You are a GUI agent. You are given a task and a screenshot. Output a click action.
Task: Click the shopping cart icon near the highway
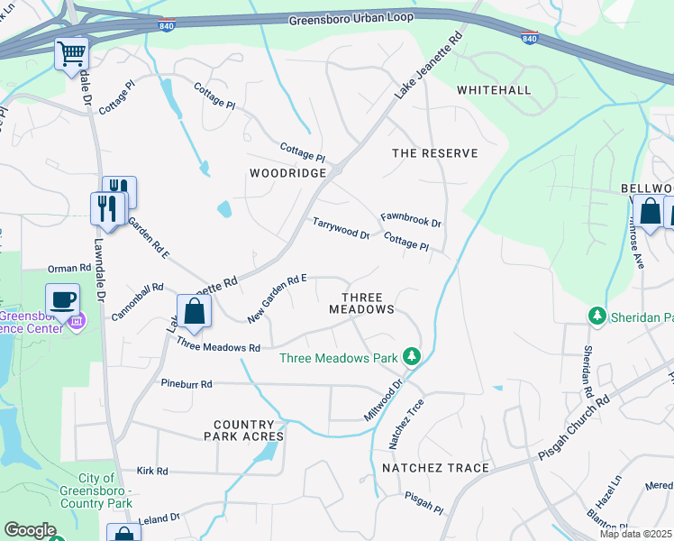[71, 53]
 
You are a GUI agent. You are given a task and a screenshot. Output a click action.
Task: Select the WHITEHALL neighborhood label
[494, 90]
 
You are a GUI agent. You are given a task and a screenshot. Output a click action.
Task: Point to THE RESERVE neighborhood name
[434, 153]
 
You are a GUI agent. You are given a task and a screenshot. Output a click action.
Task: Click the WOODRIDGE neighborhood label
[286, 171]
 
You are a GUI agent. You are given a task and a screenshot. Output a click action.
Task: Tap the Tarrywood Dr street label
[341, 228]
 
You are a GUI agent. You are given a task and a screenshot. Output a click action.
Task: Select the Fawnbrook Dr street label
[410, 219]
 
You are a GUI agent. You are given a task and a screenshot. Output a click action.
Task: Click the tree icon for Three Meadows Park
[411, 357]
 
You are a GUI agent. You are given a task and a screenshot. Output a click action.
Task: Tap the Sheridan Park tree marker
[596, 316]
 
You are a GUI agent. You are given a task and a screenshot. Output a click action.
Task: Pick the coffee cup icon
[62, 299]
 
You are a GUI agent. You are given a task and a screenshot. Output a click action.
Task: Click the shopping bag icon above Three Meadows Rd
[194, 312]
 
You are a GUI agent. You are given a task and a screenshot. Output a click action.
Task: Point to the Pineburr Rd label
[187, 384]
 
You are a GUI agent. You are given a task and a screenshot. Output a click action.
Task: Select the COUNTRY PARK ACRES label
[249, 430]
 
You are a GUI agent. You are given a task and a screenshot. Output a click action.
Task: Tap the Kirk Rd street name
[152, 471]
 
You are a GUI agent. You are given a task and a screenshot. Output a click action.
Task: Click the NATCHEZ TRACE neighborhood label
[435, 468]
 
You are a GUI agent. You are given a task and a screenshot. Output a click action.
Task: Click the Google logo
[30, 530]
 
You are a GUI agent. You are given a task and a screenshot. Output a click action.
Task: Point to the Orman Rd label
[69, 269]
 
